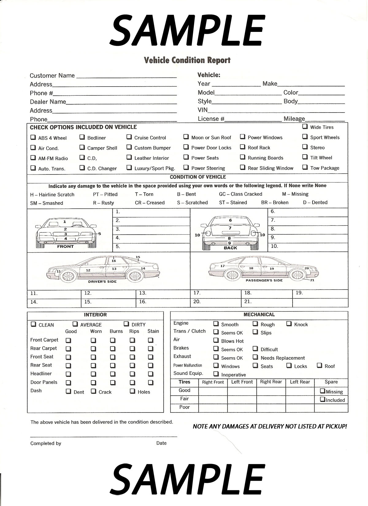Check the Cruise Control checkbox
[129, 137]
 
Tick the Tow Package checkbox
[305, 167]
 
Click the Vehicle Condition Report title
[187, 60]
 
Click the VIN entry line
[276, 111]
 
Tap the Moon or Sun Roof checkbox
[186, 137]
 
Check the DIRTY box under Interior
[126, 324]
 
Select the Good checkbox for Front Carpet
[68, 340]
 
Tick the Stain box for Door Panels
[151, 382]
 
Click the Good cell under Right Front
[213, 391]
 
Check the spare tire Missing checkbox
[323, 391]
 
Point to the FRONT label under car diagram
[65, 247]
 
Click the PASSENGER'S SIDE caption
[264, 281]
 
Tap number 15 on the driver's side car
[138, 257]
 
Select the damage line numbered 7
[308, 220]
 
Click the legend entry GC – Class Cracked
[240, 194]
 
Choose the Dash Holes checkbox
[132, 391]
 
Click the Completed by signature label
[46, 443]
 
